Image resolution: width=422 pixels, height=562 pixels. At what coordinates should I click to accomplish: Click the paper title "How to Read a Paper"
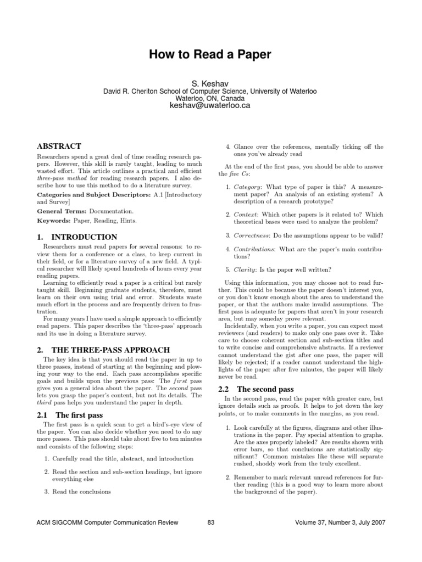click(x=210, y=54)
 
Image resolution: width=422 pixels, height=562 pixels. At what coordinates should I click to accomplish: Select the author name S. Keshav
click(x=210, y=82)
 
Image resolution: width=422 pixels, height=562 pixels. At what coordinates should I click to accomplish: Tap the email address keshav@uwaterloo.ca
click(x=210, y=105)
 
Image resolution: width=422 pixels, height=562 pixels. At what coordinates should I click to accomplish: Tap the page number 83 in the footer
click(x=210, y=522)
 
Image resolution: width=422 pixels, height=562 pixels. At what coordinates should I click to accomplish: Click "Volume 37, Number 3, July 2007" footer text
click(x=337, y=522)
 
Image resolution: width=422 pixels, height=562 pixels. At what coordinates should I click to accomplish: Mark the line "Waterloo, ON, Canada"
click(x=210, y=98)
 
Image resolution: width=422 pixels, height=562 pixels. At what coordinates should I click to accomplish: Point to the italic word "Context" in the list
click(x=246, y=215)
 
